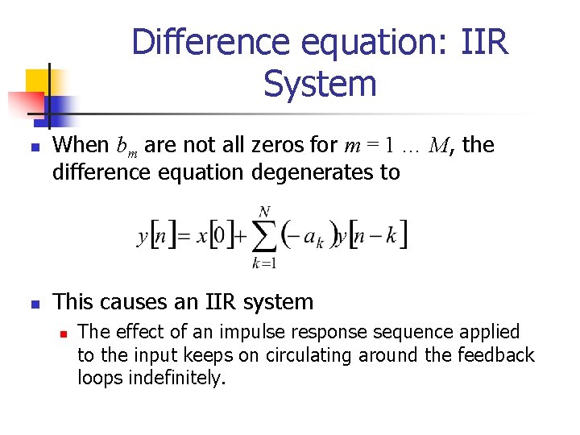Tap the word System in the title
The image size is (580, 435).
(320, 84)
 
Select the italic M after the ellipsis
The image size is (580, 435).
(439, 146)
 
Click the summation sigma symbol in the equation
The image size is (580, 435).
(264, 234)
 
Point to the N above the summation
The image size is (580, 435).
(263, 212)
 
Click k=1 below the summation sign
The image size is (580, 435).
(264, 262)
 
